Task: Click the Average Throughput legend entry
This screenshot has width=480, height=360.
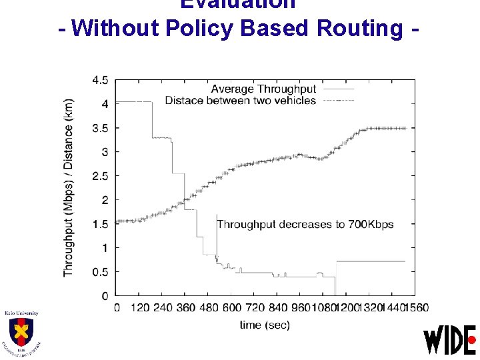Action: pyautogui.click(x=263, y=89)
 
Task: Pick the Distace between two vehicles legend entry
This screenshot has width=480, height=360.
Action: pyautogui.click(x=240, y=100)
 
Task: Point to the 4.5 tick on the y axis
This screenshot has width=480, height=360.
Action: pyautogui.click(x=101, y=80)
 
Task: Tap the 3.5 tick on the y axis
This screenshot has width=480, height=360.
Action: pyautogui.click(x=101, y=128)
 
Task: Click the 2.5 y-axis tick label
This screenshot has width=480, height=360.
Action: pyautogui.click(x=101, y=176)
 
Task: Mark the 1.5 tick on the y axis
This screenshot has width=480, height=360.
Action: pyautogui.click(x=101, y=224)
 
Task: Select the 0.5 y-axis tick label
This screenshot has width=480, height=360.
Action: pyautogui.click(x=101, y=272)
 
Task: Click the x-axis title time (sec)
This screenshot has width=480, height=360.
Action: pyautogui.click(x=265, y=325)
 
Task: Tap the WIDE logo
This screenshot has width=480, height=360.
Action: pyautogui.click(x=450, y=340)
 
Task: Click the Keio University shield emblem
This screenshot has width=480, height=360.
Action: pyautogui.click(x=21, y=331)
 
